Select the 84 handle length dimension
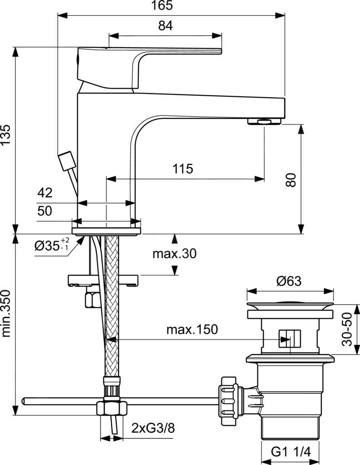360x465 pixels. (x=166, y=27)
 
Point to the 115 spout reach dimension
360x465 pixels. (x=182, y=168)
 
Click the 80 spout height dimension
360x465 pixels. (x=291, y=180)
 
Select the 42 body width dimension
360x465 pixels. (x=45, y=193)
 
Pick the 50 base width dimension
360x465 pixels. (x=45, y=211)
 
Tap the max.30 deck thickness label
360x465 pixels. (x=174, y=254)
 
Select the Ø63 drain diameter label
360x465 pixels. (x=289, y=282)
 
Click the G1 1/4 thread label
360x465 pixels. (x=291, y=452)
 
